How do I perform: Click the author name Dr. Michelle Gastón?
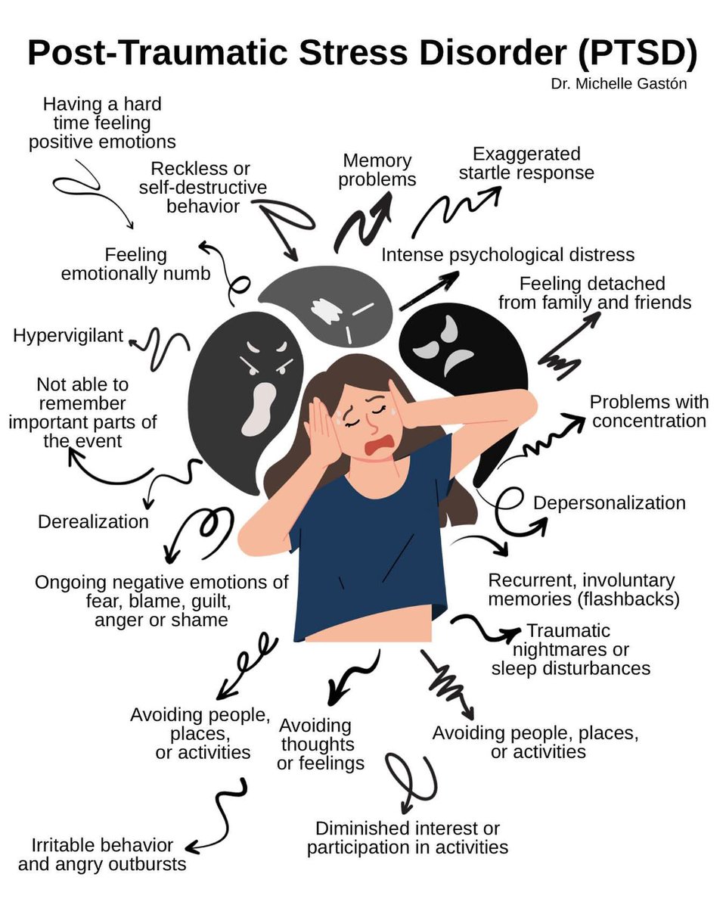tap(619, 84)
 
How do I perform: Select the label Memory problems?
tap(377, 170)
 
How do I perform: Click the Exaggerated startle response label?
tap(526, 163)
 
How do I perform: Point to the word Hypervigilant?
tap(68, 335)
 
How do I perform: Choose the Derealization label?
tap(93, 521)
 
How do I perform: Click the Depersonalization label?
tap(610, 503)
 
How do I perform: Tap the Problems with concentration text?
tap(649, 411)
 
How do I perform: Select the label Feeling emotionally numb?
tap(136, 264)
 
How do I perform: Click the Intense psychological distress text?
tap(507, 255)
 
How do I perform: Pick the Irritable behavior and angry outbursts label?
tap(102, 854)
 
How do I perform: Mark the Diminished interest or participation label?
tap(407, 838)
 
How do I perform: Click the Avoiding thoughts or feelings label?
tap(320, 744)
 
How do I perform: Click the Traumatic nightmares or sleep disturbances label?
tap(570, 649)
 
